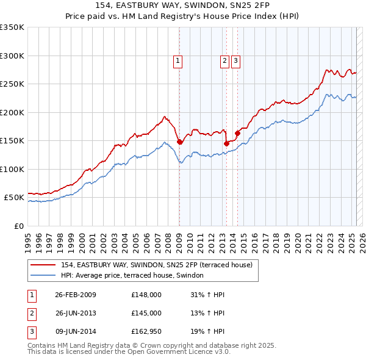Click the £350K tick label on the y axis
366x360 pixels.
point(12,27)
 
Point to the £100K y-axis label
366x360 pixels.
point(12,169)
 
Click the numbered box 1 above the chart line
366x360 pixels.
point(178,60)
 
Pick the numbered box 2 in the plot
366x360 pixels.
point(224,60)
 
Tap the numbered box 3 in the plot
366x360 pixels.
point(235,60)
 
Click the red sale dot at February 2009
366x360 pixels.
point(179,142)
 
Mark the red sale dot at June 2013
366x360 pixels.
point(226,143)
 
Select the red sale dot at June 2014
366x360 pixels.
point(237,134)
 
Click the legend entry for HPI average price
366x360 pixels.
point(135,276)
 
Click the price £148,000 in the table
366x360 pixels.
point(146,295)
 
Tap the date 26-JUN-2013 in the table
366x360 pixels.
point(76,313)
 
